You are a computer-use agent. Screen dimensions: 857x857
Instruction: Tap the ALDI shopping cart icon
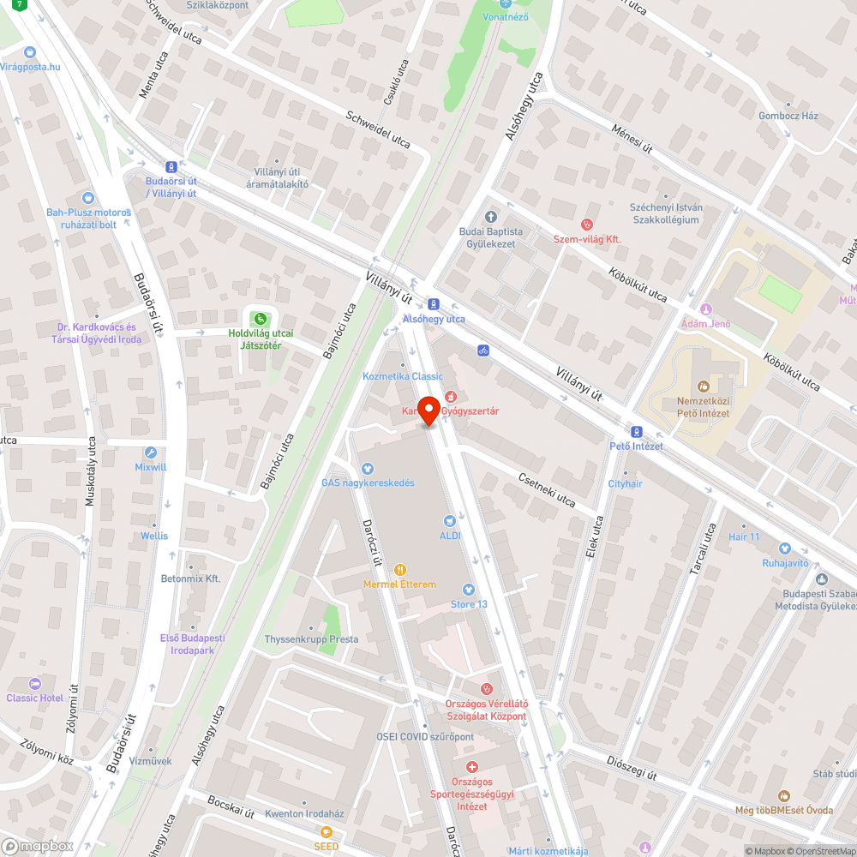pyautogui.click(x=449, y=520)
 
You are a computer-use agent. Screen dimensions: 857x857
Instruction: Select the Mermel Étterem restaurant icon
pyautogui.click(x=399, y=569)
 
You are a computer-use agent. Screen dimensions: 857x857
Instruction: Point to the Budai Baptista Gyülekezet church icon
pyautogui.click(x=491, y=218)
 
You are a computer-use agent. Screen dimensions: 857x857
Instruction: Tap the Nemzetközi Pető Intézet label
pyautogui.click(x=691, y=407)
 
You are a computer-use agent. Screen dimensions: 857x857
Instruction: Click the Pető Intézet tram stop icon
pyautogui.click(x=636, y=432)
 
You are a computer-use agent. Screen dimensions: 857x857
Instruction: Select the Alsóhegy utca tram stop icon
pyautogui.click(x=434, y=304)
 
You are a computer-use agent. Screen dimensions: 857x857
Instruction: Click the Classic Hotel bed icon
pyautogui.click(x=34, y=684)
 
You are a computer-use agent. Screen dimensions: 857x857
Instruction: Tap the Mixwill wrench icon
pyautogui.click(x=151, y=453)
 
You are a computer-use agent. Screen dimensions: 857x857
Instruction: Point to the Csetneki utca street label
pyautogui.click(x=547, y=488)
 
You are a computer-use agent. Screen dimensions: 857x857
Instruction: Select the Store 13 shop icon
pyautogui.click(x=469, y=590)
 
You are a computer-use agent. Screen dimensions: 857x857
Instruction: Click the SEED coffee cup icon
pyautogui.click(x=326, y=832)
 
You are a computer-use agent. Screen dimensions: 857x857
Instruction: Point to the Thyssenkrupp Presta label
pyautogui.click(x=311, y=639)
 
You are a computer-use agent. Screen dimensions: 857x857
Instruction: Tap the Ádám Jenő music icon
pyautogui.click(x=705, y=309)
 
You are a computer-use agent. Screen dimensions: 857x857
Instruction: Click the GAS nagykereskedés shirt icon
pyautogui.click(x=368, y=468)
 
